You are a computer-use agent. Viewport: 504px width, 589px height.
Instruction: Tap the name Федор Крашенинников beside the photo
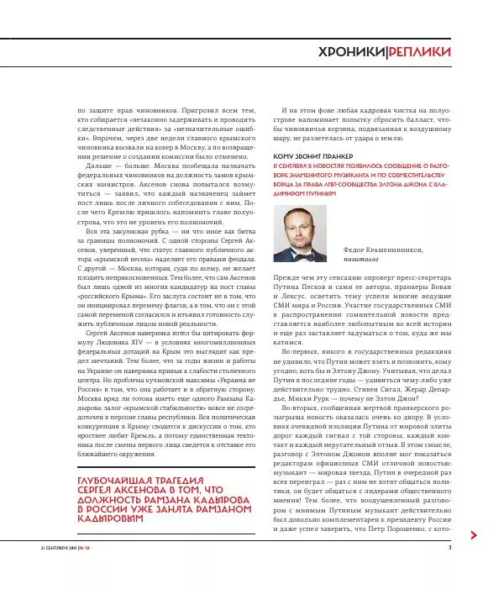coord(384,250)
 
